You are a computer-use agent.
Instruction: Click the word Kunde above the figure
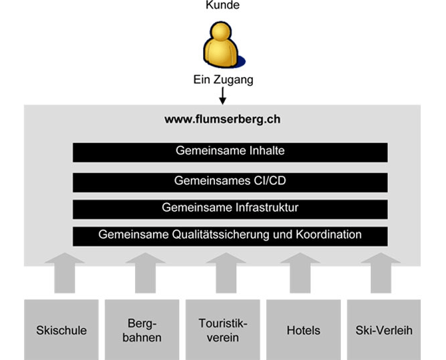(222, 5)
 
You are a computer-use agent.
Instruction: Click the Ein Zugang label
(223, 80)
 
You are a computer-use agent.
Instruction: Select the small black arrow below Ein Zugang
(223, 96)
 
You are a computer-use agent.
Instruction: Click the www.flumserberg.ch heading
(222, 119)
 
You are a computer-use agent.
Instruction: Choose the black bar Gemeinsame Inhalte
(230, 152)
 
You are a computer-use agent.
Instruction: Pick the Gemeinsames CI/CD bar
(230, 182)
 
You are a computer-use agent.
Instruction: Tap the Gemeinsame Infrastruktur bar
(230, 210)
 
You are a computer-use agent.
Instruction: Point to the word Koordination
(329, 235)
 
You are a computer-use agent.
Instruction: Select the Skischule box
(61, 329)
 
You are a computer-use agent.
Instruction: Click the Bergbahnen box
(142, 329)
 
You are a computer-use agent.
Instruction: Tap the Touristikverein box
(223, 329)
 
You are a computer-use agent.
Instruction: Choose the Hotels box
(304, 329)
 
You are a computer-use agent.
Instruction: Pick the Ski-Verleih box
(384, 329)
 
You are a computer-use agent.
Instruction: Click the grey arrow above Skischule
(65, 273)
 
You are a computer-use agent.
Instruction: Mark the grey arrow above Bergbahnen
(145, 273)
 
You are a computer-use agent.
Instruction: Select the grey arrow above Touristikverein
(226, 273)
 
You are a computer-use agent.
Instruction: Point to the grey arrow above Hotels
(300, 273)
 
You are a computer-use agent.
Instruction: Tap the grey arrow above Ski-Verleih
(381, 273)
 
